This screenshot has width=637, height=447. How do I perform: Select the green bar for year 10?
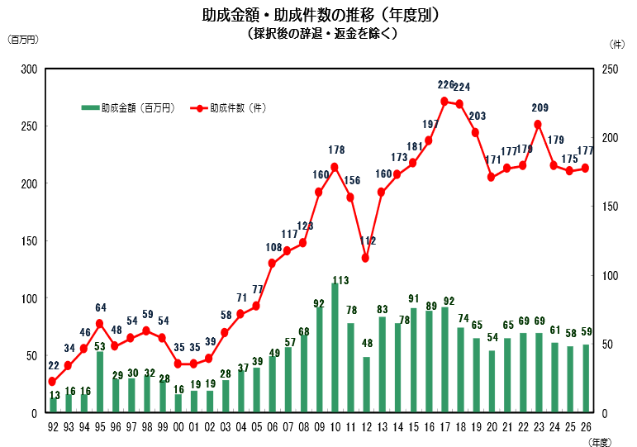point(335,348)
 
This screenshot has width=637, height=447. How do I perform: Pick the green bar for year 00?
point(178,403)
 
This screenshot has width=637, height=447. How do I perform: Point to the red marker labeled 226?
point(444,102)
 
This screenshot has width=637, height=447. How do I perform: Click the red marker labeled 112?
point(366,258)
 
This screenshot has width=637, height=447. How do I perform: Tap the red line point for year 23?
point(538,125)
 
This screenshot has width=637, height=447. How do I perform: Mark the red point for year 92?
point(53,382)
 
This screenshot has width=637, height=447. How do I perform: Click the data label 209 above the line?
point(539,108)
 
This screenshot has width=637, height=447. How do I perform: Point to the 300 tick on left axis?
point(31,69)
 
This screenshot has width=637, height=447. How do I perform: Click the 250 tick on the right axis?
point(610,69)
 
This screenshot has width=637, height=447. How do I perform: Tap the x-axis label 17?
point(444,427)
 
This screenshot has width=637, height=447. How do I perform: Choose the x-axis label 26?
point(585,427)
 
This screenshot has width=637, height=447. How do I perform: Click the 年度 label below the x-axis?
point(601,442)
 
